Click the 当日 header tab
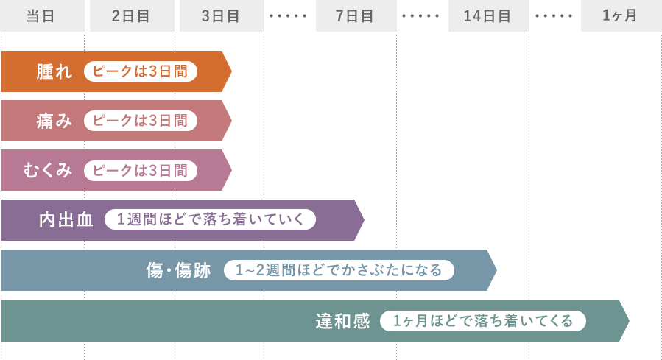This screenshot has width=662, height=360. [x=41, y=15]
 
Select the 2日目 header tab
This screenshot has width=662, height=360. [x=132, y=15]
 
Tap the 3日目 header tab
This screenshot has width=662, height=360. [x=221, y=15]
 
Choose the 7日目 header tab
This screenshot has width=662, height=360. [x=356, y=15]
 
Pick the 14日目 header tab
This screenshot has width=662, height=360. [x=488, y=15]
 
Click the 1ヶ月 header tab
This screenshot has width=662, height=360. [x=620, y=15]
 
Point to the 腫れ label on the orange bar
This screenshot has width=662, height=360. [x=55, y=71]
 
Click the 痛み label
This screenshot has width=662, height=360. [x=55, y=121]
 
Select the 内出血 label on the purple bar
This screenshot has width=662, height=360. [x=66, y=220]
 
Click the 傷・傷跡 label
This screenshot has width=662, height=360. [x=178, y=270]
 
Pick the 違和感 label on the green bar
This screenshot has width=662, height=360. [x=343, y=321]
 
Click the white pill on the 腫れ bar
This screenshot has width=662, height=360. [x=140, y=71]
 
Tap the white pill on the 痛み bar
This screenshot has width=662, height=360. [x=140, y=121]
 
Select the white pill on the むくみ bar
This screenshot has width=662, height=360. [x=140, y=171]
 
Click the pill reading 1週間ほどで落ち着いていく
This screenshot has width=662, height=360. [x=210, y=220]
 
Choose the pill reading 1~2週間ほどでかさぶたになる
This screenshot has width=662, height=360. [x=339, y=270]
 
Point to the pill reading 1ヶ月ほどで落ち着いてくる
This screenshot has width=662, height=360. [x=482, y=321]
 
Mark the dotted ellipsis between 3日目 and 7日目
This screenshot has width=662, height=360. [x=289, y=15]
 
